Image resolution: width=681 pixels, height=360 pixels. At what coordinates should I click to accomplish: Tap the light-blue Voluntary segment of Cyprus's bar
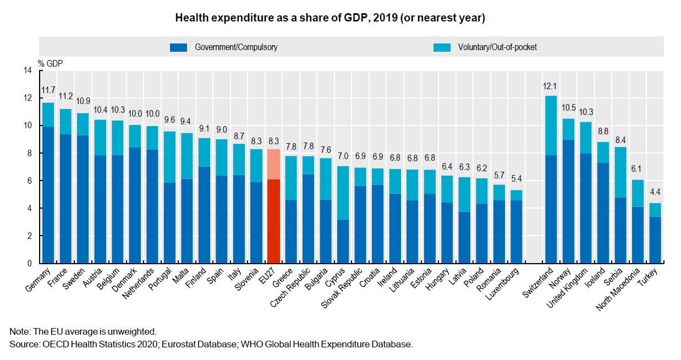point(343,193)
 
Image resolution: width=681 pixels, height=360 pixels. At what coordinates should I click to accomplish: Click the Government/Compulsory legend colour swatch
point(179,47)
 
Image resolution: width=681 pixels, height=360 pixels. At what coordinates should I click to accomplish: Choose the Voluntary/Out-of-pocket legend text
point(497,47)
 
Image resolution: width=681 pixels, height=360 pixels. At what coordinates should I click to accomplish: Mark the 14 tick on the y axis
point(27,70)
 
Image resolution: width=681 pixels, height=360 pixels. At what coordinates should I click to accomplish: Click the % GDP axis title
point(51,62)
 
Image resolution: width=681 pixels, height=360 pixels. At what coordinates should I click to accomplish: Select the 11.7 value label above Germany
point(48,90)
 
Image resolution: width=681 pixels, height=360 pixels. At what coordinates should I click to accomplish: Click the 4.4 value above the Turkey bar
point(654,193)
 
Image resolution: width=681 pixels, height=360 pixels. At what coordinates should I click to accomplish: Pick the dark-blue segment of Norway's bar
point(568,201)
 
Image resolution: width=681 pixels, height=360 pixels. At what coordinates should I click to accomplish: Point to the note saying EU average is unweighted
point(83,331)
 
